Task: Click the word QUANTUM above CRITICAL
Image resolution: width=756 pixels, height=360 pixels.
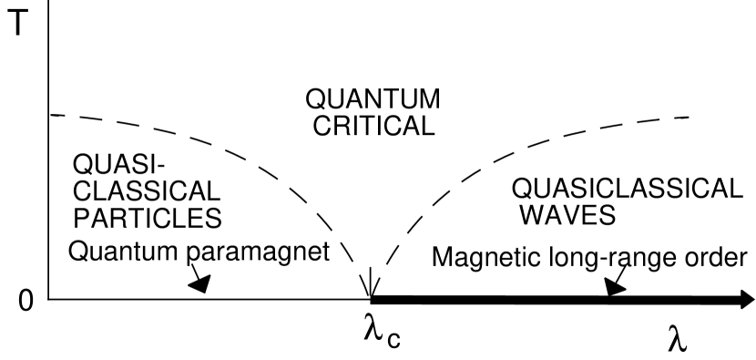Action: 372,98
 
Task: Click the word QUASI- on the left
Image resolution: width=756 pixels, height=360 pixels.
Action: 108,166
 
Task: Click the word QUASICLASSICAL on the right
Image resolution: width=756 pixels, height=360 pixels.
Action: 627,189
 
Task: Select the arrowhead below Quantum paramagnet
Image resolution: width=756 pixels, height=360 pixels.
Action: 199,283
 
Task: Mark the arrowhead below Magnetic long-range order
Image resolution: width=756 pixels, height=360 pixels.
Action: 614,287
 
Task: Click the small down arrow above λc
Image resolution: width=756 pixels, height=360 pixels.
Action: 371,287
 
